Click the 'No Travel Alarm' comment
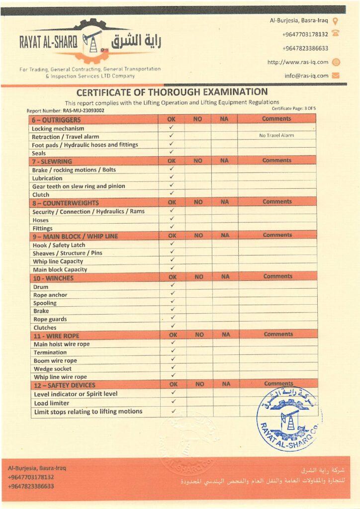click(x=276, y=135)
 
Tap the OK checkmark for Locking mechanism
click(x=171, y=128)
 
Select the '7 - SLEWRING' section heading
click(x=52, y=162)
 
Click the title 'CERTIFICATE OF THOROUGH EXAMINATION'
click(x=172, y=92)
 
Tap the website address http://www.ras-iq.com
click(x=298, y=62)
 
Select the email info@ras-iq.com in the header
click(x=306, y=76)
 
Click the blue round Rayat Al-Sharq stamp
click(x=287, y=419)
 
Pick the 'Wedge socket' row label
click(x=53, y=369)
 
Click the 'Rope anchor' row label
click(x=50, y=295)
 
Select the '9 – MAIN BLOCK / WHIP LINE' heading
click(x=75, y=236)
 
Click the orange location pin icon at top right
click(x=335, y=21)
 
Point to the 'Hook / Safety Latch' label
click(x=59, y=245)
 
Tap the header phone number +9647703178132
click(x=305, y=34)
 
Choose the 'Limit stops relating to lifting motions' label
click(x=88, y=412)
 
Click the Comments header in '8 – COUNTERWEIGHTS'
click(x=277, y=202)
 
